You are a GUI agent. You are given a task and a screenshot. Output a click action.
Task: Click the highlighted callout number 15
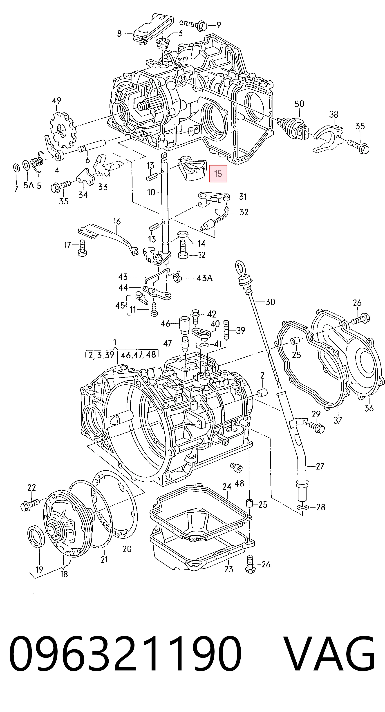coord(218,174)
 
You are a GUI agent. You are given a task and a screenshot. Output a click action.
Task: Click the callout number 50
coord(299,104)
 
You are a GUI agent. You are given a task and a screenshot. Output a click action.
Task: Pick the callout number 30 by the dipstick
coord(270,302)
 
